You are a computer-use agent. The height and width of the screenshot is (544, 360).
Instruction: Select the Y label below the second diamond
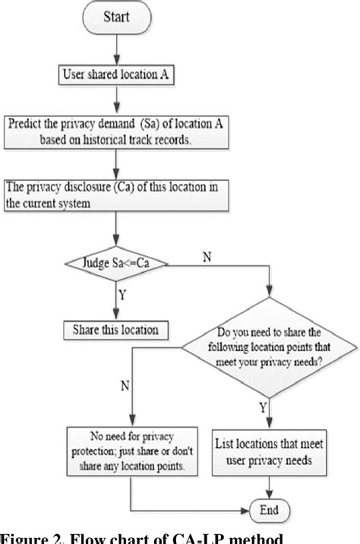point(263,410)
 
